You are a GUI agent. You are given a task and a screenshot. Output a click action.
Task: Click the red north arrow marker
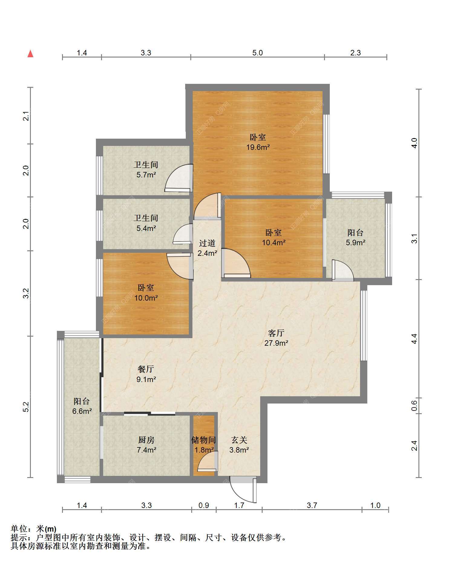[x=30, y=54]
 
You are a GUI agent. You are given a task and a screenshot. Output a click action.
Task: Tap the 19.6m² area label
[x=258, y=147]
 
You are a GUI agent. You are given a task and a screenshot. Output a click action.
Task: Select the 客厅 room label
[x=276, y=333]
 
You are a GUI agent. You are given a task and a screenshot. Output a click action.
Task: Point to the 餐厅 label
[x=146, y=369]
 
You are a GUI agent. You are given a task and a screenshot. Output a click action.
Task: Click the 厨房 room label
[x=146, y=440]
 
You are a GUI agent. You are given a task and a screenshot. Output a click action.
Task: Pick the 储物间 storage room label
[x=203, y=440]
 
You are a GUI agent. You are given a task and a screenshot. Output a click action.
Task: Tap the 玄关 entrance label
[x=239, y=440]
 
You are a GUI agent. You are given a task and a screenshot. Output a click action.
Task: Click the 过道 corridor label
[x=207, y=243]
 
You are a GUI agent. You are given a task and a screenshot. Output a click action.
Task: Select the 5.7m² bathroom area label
[x=146, y=175]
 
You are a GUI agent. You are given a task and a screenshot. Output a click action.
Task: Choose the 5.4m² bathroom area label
[x=146, y=228]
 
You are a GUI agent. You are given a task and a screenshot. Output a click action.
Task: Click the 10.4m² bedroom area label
[x=274, y=242]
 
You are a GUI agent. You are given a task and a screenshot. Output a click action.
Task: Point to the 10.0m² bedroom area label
[x=146, y=298]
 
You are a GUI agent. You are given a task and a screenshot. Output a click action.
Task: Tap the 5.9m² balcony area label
[x=356, y=242]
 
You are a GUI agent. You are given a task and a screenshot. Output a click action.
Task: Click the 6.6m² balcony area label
[x=82, y=411]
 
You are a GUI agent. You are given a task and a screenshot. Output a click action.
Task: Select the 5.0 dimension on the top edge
[x=257, y=53]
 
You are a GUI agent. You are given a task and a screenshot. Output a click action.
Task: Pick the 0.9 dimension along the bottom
[x=204, y=505]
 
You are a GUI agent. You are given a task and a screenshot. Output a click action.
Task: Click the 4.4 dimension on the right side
[x=415, y=338]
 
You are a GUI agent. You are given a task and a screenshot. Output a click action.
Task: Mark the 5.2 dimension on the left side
[x=26, y=407]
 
